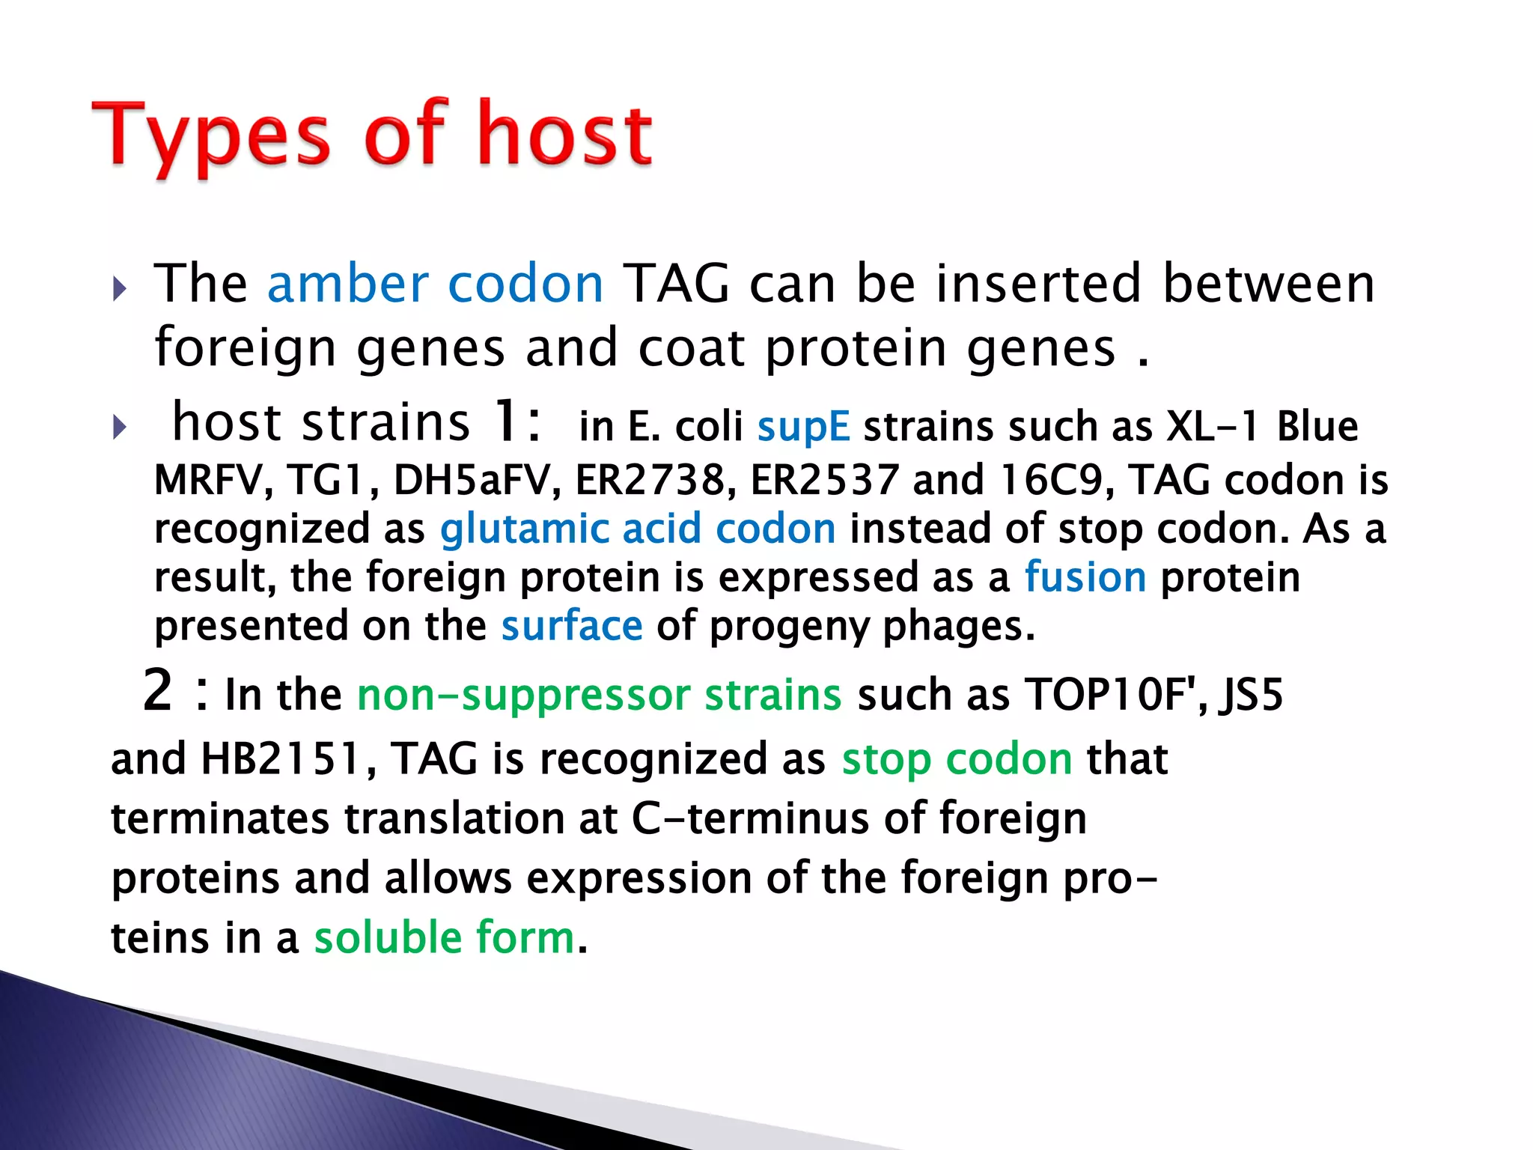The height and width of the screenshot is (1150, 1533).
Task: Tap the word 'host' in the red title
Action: [x=565, y=135]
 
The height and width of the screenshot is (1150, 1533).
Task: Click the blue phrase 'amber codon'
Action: [x=435, y=285]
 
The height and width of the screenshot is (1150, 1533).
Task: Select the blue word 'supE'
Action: [x=803, y=428]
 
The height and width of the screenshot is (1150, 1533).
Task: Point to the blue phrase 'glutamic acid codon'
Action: [x=638, y=529]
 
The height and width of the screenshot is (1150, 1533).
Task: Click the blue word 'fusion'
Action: [x=1085, y=577]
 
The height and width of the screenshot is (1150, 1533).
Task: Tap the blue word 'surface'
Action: [x=572, y=626]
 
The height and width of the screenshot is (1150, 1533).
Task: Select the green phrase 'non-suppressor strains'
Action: [x=600, y=695]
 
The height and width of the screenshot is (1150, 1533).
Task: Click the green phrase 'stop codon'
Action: [x=957, y=759]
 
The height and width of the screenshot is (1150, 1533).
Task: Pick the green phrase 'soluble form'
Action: [x=445, y=937]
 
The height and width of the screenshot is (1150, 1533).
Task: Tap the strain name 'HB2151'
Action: [x=281, y=759]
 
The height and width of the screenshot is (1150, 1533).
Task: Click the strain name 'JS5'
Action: [x=1251, y=695]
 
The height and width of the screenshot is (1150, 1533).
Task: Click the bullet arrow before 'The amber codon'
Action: [x=120, y=288]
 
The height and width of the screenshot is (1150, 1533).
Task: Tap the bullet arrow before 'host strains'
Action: [x=120, y=428]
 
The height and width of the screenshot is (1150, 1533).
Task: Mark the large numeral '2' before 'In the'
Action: [x=158, y=690]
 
